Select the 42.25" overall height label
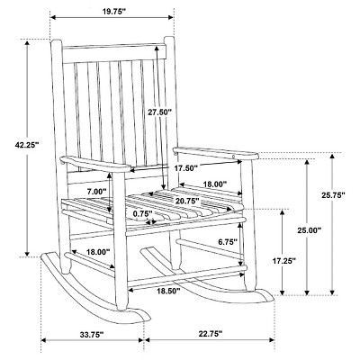pos(27,145)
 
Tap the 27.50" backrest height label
pos(160,112)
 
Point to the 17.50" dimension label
pos(186,168)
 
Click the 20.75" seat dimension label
pos(188,201)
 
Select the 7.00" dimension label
pos(96,191)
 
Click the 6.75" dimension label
pos(228,242)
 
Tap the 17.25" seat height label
pos(284,261)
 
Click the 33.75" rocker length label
pos(92,335)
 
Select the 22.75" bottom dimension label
pos(211,333)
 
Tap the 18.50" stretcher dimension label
pos(168,291)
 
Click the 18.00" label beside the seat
pos(215,184)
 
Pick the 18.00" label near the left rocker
pos(98,252)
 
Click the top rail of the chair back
pos(114,53)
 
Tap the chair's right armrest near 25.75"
pos(215,153)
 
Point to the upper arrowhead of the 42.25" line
pos(27,43)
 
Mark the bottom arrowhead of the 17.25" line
pos(282,292)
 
